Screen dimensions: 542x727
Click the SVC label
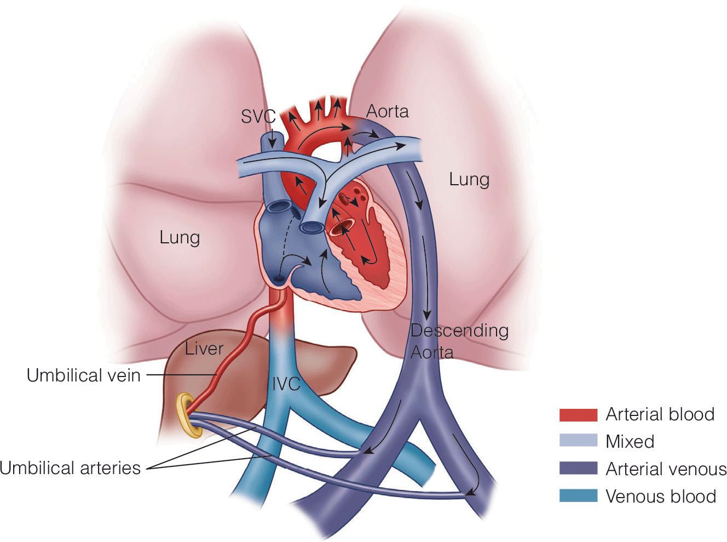pos(258,116)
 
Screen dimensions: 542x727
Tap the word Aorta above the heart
pos(387,111)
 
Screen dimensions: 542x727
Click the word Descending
pos(459,330)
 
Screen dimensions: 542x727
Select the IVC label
pos(286,384)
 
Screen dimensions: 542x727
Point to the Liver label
pos(204,349)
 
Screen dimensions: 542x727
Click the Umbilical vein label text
pos(84,375)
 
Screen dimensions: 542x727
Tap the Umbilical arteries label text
pos(70,468)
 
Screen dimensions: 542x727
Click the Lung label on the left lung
pos(180,237)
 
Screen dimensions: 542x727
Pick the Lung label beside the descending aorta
pos(469,179)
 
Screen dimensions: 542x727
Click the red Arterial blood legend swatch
pos(578,415)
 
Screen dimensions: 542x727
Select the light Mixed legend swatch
pos(578,441)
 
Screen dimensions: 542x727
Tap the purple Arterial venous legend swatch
pos(578,468)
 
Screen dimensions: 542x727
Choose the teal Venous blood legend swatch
pos(578,495)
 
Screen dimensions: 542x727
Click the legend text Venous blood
pos(661,497)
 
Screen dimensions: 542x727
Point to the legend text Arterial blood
pos(660,414)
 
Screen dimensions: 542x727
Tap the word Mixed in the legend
pos(630,442)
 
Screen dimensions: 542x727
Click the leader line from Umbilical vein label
pos(181,375)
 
